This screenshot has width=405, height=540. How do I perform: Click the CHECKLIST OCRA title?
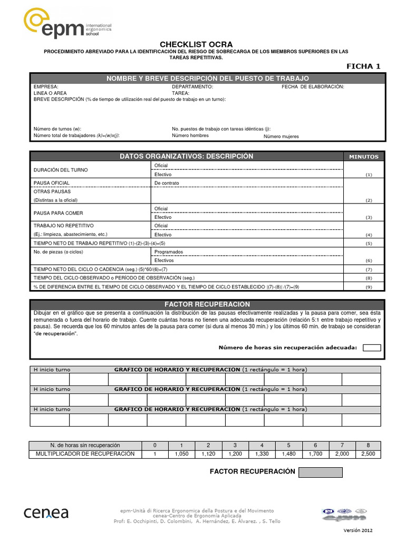[x=196, y=44]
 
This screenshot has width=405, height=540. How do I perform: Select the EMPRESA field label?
[x=46, y=86]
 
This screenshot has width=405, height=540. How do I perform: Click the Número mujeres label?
[x=281, y=136]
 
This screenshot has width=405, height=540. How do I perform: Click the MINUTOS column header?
[x=364, y=157]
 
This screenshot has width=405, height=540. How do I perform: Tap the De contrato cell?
[x=167, y=183]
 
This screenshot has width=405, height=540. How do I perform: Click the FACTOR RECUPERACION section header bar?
[x=207, y=305]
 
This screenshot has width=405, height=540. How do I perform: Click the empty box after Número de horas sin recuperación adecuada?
[x=372, y=348]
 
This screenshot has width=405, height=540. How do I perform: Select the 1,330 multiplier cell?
[x=262, y=454]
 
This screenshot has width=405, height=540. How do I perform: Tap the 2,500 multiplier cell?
[x=369, y=454]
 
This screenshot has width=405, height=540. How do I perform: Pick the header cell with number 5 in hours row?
[x=288, y=445]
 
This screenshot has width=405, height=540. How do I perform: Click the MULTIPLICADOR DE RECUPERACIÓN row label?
[x=85, y=454]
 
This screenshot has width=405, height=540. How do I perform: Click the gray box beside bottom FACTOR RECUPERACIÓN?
[x=320, y=472]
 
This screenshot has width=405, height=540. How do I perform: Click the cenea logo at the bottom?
[x=46, y=512]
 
